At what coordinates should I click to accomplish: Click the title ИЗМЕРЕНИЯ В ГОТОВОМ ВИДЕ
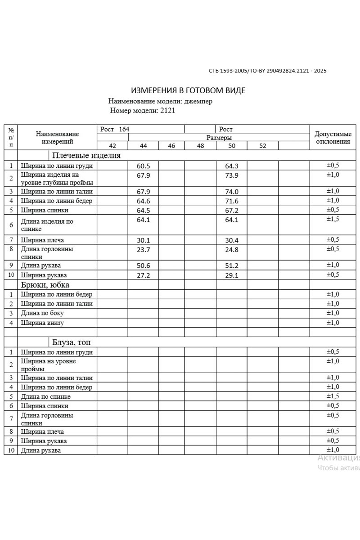[x=188, y=90]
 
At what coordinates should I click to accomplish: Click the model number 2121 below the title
[x=167, y=110]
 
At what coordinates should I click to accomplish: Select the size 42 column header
[x=112, y=146]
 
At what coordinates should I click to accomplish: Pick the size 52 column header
[x=263, y=146]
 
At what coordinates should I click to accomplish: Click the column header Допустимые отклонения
[x=333, y=138]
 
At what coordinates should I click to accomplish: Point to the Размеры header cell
[x=219, y=138]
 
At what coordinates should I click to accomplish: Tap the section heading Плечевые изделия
[x=86, y=156]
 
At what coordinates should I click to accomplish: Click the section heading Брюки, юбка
[x=45, y=284]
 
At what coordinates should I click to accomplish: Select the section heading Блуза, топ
[x=74, y=342]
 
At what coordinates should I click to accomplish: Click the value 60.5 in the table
[x=143, y=166]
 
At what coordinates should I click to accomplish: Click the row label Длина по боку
[x=42, y=313]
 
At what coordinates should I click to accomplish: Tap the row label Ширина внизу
[x=42, y=323]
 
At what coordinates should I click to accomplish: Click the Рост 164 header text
[x=115, y=129]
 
